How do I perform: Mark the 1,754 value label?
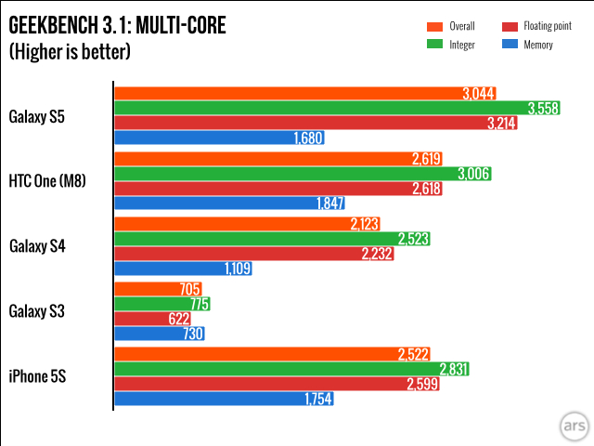(317, 400)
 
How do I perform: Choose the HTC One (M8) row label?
(47, 181)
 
